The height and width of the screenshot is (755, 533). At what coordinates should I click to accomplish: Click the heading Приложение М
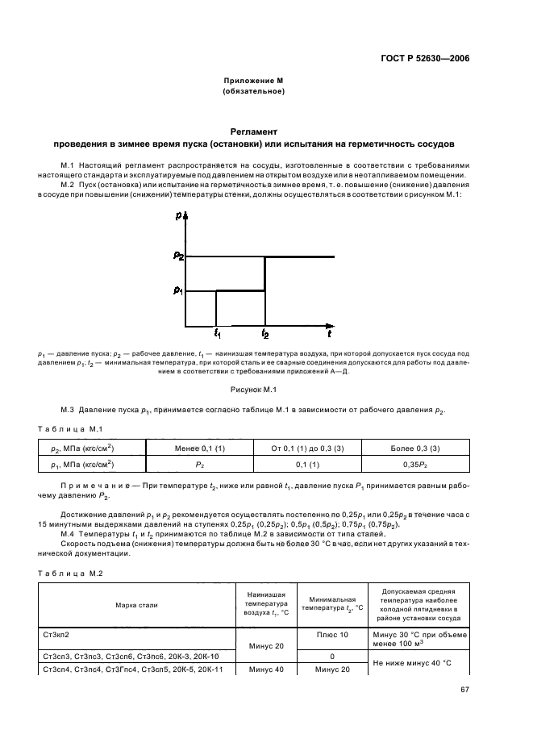click(253, 81)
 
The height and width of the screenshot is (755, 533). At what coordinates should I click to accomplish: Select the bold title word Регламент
click(253, 131)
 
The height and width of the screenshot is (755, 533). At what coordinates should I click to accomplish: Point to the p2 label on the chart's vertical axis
click(178, 256)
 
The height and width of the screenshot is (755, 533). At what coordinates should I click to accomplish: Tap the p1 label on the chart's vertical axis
click(178, 290)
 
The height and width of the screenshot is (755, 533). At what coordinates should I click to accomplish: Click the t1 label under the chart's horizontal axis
click(217, 332)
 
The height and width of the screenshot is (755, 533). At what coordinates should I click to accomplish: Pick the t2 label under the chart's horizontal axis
click(265, 332)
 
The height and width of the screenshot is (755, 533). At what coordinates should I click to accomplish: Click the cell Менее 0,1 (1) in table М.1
click(198, 448)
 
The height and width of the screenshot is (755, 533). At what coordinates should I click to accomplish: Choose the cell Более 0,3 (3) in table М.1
click(412, 448)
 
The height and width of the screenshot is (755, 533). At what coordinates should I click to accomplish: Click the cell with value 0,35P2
click(412, 465)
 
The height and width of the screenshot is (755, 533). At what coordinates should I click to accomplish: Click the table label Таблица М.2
click(70, 573)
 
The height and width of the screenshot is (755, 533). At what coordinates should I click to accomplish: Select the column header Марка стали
click(136, 604)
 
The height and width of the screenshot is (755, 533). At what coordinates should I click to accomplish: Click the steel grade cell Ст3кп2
click(56, 636)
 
